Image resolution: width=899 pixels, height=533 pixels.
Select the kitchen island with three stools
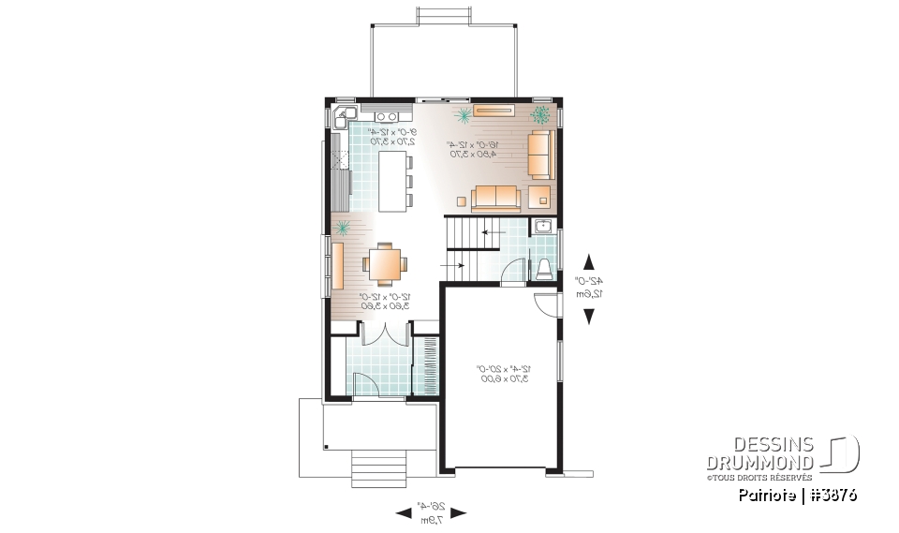click(391, 180)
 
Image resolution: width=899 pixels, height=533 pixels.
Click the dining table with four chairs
click(385, 263)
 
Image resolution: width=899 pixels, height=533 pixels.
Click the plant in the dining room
click(344, 228)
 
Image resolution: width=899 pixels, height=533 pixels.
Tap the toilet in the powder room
click(544, 269)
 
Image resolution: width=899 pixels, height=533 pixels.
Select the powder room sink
click(543, 227)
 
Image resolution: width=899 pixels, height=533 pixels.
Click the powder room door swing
click(512, 273)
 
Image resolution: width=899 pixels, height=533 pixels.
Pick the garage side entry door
click(544, 305)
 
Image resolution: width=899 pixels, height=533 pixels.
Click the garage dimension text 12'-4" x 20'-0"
click(504, 373)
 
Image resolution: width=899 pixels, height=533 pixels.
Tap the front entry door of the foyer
click(366, 383)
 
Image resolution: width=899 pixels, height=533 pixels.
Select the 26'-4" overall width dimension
click(431, 511)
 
